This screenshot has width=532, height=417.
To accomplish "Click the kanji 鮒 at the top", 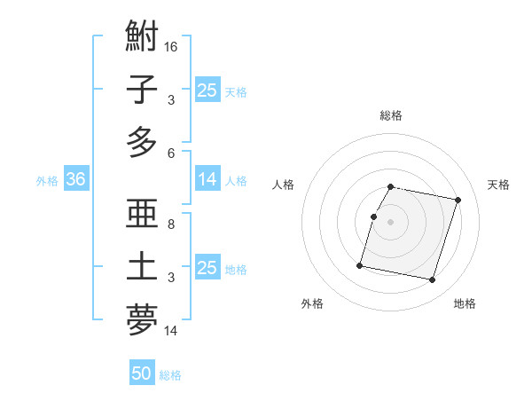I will pos(142,38).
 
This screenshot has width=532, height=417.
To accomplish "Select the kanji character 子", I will pos(142,90).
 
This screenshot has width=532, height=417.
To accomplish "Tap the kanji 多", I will pos(142,142).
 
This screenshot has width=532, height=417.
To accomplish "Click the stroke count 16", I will pos(172,46).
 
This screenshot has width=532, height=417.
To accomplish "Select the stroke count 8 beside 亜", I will pos(171,224).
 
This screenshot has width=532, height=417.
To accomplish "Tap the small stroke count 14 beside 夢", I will pos(172,331).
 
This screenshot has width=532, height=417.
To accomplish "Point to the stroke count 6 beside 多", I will pos(171,153).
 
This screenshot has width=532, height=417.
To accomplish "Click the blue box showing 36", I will pos(75,180).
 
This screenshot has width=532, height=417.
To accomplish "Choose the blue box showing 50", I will pos(142,374).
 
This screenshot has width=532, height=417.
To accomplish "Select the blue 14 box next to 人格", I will pos(207,179).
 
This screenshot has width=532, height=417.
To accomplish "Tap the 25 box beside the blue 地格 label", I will pos(207,268).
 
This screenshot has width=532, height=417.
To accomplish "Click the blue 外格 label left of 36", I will pos(47,181).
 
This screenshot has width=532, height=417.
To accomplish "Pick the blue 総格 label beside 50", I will pos(170,375).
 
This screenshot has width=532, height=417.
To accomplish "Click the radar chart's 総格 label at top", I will pos(391,115).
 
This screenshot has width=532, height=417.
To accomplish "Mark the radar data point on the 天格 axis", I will pos(458,201).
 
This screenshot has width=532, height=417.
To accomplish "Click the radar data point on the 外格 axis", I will pos(360,264).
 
